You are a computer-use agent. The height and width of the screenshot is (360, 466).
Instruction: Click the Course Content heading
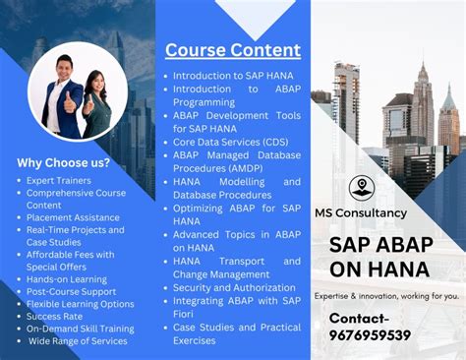(x=232, y=50)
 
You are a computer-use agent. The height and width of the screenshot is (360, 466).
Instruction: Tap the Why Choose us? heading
(x=64, y=163)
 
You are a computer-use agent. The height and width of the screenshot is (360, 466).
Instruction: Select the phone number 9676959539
(x=370, y=335)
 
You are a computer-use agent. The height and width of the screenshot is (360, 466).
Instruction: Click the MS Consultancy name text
(x=360, y=212)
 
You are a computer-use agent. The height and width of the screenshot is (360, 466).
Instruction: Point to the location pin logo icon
(x=361, y=187)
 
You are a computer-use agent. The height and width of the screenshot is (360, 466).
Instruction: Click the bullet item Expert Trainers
(x=59, y=181)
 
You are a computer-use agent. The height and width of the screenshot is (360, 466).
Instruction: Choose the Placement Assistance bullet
(x=74, y=217)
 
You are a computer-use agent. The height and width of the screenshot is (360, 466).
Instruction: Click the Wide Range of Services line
(x=78, y=341)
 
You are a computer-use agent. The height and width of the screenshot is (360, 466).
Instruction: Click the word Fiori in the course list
(x=188, y=314)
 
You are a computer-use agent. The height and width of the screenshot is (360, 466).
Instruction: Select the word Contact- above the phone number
(x=359, y=318)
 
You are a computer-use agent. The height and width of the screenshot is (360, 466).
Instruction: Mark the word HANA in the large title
(x=402, y=269)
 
